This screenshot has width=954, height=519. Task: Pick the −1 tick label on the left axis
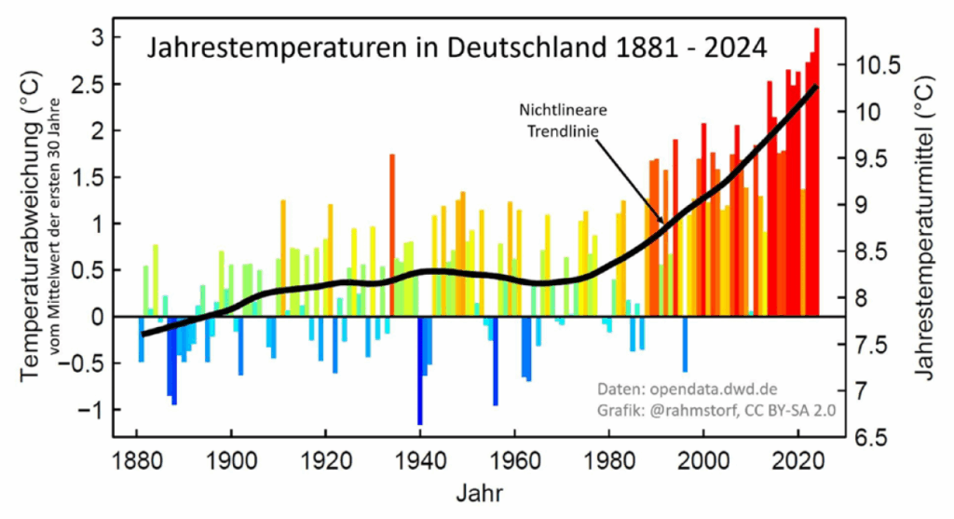click(86, 411)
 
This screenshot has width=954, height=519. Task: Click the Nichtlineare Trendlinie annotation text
click(557, 120)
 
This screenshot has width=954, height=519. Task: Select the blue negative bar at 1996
click(685, 345)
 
